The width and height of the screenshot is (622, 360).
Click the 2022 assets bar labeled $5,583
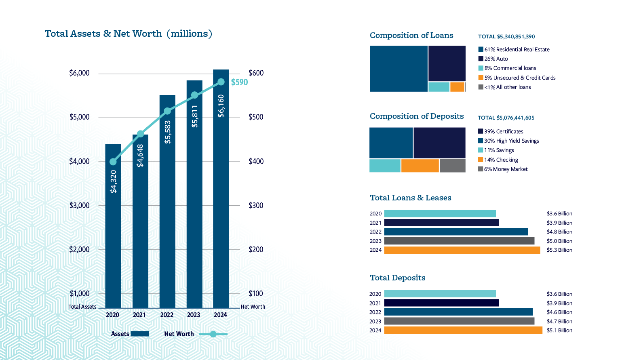(167, 202)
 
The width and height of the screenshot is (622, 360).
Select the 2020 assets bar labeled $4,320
(113, 226)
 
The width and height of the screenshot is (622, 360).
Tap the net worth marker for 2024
(221, 82)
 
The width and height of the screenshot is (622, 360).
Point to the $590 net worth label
(239, 82)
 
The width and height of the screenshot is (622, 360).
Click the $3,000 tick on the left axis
(79, 205)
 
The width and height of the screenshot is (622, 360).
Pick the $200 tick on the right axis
(256, 249)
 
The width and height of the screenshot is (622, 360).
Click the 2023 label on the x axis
(194, 315)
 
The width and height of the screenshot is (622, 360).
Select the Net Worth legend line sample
(213, 334)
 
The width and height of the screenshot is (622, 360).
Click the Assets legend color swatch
(140, 334)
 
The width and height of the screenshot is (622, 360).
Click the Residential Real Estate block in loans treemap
(399, 69)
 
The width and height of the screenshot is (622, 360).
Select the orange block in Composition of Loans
(457, 87)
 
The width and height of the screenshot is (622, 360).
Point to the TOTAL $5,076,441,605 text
(506, 118)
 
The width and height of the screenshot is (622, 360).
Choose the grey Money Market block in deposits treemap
(452, 166)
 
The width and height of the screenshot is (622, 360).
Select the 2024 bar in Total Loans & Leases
(462, 250)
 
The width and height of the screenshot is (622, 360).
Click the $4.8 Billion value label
(559, 232)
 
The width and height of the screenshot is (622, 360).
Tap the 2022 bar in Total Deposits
(458, 312)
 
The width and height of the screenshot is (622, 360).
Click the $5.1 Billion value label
(559, 331)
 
